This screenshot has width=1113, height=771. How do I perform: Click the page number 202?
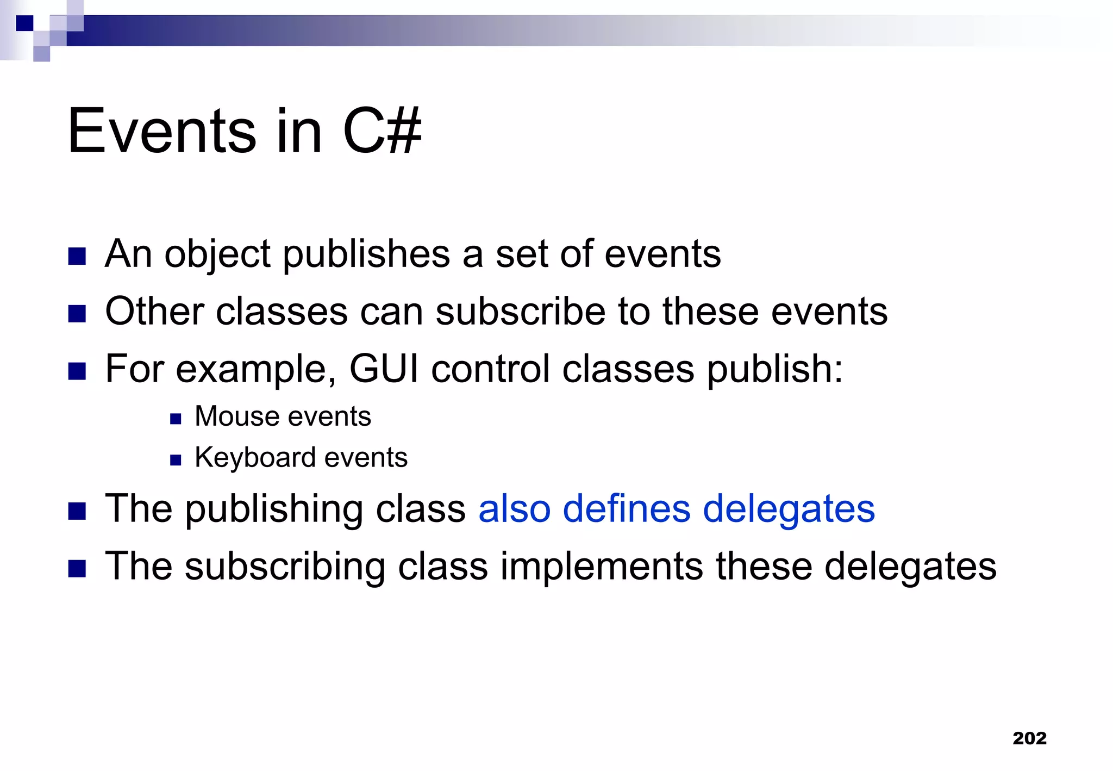[1029, 738]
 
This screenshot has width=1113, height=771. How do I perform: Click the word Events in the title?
[161, 131]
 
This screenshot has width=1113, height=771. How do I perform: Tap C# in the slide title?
[382, 131]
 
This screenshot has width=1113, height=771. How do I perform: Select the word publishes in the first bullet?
[366, 254]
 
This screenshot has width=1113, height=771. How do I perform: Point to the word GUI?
[384, 369]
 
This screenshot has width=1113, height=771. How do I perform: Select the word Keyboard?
[254, 457]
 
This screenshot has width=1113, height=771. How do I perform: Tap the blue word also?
[514, 509]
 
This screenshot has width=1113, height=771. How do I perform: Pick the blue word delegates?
[789, 510]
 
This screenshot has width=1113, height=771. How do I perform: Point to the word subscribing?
[285, 567]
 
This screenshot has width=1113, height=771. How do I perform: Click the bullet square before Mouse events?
[175, 419]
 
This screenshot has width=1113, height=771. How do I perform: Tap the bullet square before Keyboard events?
[175, 461]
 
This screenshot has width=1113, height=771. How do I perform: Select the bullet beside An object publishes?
[77, 257]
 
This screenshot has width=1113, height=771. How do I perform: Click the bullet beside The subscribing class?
[77, 569]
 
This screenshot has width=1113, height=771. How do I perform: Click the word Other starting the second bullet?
[154, 312]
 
